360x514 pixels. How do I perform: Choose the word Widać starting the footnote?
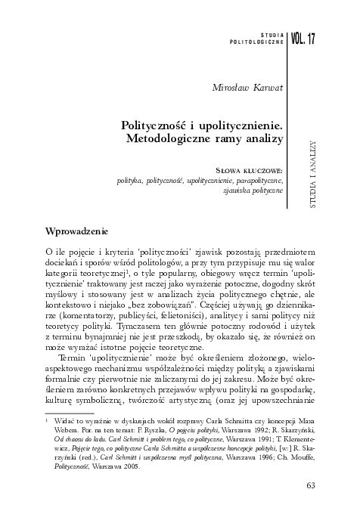[63, 416]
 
